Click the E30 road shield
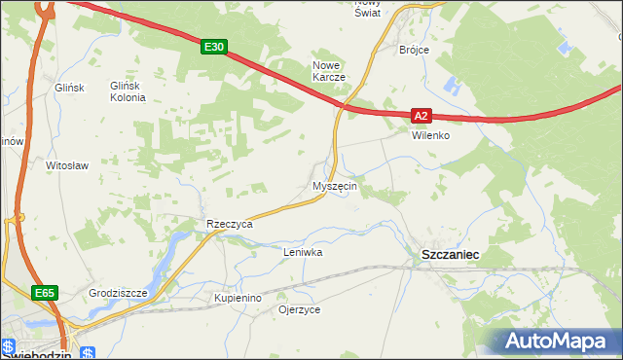point(216,46)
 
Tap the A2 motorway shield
point(420,115)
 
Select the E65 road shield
point(45,293)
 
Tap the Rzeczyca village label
point(230,224)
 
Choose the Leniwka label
point(302,252)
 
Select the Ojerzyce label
point(299,309)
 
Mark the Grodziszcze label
point(117,292)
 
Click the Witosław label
point(67,165)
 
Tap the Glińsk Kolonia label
point(128,91)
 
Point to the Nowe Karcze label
point(328,71)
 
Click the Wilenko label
point(429,135)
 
